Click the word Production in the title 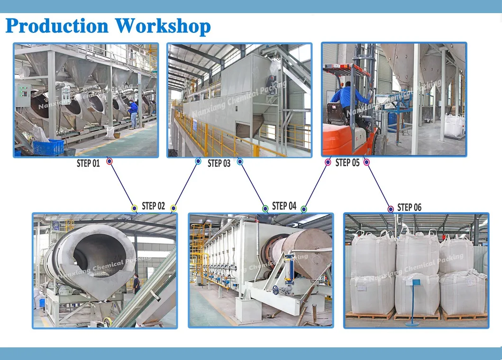[x=57, y=26]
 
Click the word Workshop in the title [x=163, y=26]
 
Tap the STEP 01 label [x=88, y=163]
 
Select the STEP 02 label [x=154, y=206]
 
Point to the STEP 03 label [x=219, y=163]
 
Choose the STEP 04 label [x=284, y=206]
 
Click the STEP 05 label [x=347, y=162]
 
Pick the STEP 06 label [x=410, y=207]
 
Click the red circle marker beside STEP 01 [x=110, y=161]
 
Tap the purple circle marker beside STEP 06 [x=391, y=209]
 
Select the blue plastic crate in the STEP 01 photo [x=48, y=147]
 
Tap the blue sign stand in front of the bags [x=414, y=302]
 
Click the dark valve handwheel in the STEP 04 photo [x=276, y=290]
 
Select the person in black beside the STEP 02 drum [x=137, y=283]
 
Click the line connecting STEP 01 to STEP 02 [x=122, y=185]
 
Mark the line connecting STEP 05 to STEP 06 [x=379, y=186]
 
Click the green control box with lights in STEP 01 [x=23, y=95]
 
